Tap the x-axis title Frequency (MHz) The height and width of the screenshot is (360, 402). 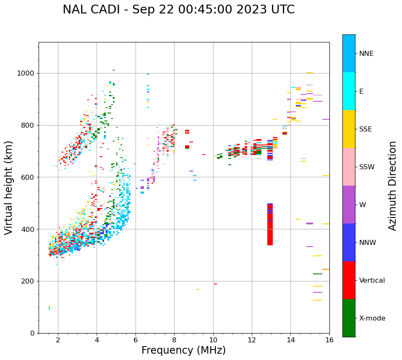click(x=183, y=350)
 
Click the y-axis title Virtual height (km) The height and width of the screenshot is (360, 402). click(x=9, y=187)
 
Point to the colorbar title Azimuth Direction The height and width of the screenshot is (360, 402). click(x=392, y=186)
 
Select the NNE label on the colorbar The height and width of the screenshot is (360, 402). click(x=366, y=54)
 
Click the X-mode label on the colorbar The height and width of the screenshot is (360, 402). click(x=372, y=318)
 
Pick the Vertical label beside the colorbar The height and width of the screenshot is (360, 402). click(x=372, y=281)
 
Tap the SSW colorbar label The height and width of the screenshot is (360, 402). click(x=366, y=167)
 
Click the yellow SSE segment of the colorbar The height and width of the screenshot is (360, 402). click(x=349, y=129)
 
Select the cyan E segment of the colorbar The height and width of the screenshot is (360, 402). click(x=349, y=91)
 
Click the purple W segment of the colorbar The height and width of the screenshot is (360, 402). click(x=349, y=204)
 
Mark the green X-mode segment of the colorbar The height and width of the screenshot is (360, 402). click(x=349, y=318)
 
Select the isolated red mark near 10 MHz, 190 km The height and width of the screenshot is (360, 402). click(x=215, y=284)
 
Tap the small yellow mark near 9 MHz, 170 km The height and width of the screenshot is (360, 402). click(x=198, y=289)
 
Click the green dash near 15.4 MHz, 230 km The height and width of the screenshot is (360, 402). click(x=318, y=274)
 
